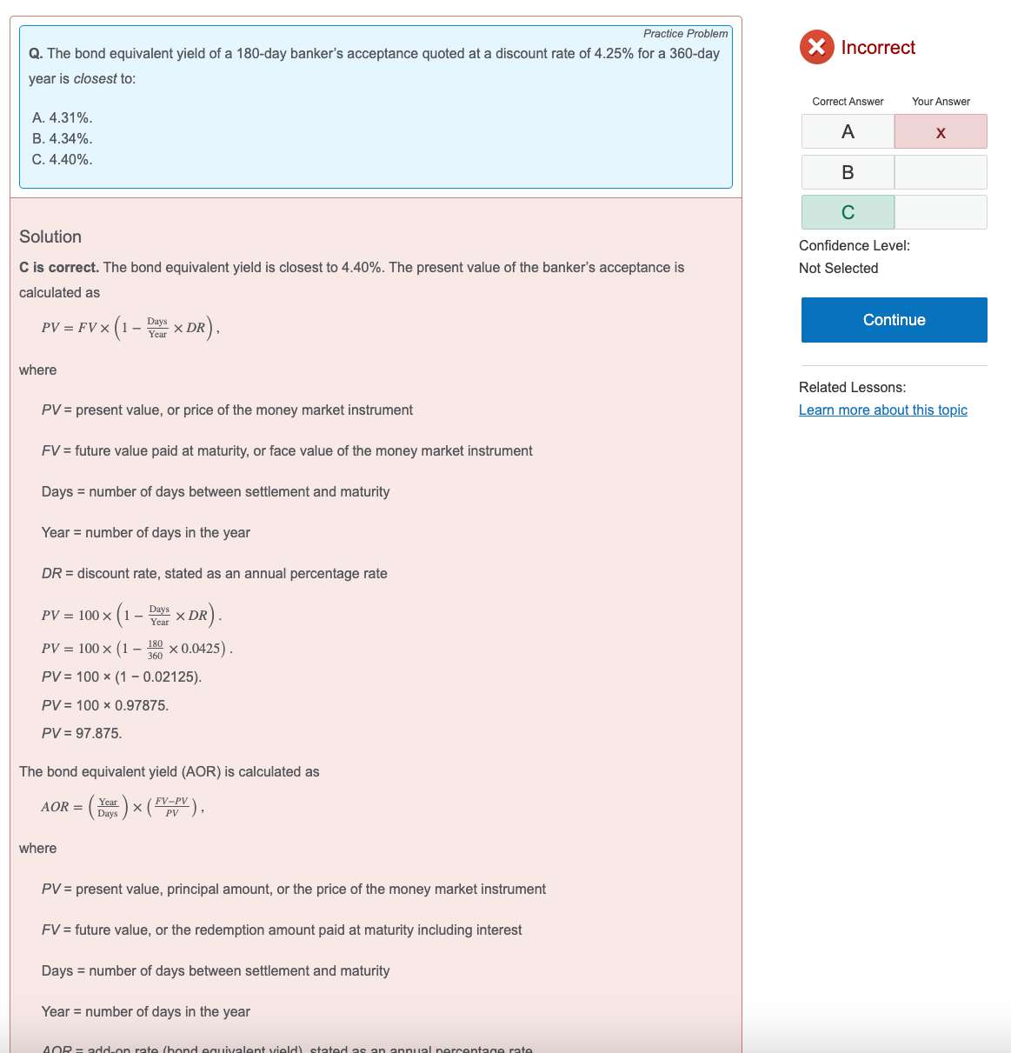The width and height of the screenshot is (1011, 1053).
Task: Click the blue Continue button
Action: click(894, 320)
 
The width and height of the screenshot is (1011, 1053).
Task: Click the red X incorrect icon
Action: click(816, 47)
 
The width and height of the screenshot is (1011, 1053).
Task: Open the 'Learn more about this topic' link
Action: click(882, 410)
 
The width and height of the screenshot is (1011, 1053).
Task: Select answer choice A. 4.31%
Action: click(62, 117)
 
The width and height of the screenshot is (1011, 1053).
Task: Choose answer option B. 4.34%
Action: click(62, 138)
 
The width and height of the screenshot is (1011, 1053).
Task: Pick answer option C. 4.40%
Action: click(62, 159)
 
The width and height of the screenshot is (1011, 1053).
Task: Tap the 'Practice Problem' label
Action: click(685, 34)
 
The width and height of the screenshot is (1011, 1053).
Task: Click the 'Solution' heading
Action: click(50, 237)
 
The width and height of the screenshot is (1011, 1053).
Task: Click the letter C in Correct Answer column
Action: click(848, 212)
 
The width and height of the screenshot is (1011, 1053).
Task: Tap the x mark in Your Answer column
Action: click(941, 132)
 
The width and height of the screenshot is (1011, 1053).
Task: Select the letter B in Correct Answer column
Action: click(848, 172)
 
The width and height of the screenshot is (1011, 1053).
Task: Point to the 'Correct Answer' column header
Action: click(848, 102)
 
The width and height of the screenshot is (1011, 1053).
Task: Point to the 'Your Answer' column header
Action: click(941, 102)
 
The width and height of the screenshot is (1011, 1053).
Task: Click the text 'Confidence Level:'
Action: click(854, 246)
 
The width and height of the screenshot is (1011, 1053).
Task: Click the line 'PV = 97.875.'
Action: click(82, 733)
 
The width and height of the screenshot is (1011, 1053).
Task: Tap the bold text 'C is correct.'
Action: click(59, 268)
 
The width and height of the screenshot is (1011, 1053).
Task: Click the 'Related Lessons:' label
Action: click(852, 388)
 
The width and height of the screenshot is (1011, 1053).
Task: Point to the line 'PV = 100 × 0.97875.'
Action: click(105, 705)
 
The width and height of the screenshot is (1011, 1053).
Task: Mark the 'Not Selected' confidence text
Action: click(838, 269)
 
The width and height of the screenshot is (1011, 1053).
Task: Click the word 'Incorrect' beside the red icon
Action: click(878, 48)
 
